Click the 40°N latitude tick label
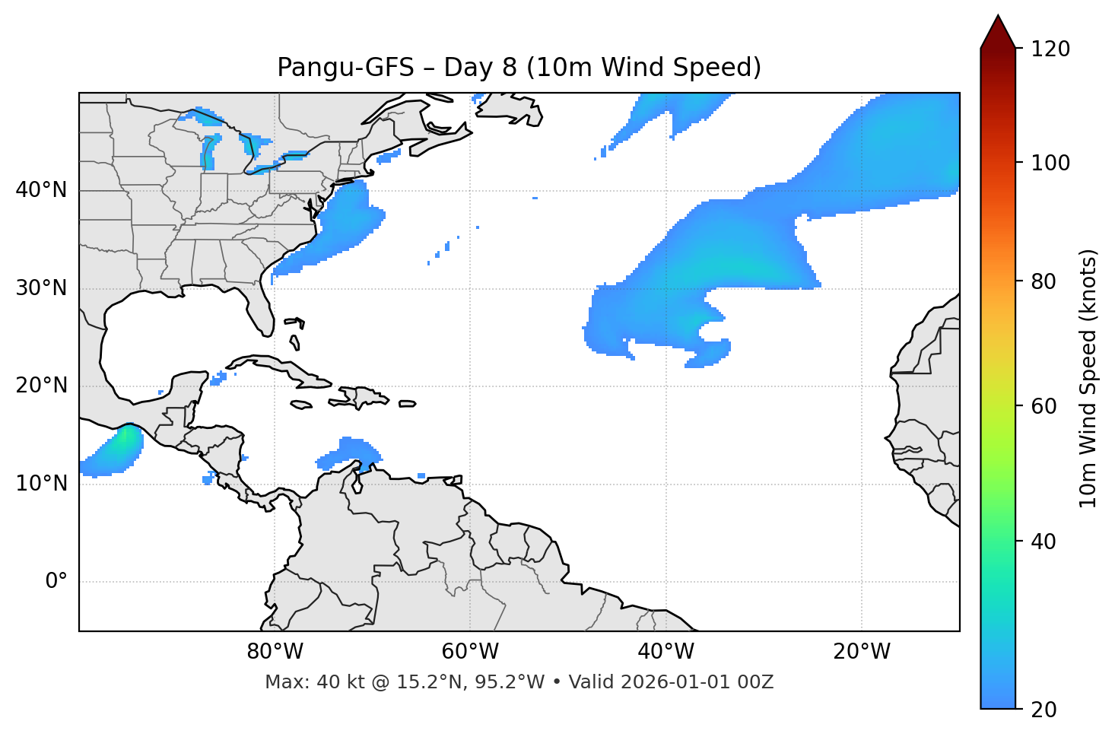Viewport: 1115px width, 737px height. click(x=41, y=190)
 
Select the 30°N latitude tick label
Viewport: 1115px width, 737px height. click(x=41, y=288)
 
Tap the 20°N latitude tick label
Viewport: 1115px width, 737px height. click(x=41, y=386)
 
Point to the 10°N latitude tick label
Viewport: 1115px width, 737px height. click(x=41, y=484)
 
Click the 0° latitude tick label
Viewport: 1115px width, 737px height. click(x=56, y=582)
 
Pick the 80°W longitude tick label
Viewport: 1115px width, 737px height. click(x=275, y=652)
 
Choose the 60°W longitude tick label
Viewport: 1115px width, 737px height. click(x=470, y=652)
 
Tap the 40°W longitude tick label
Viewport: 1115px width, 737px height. click(x=666, y=652)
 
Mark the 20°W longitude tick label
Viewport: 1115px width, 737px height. click(x=862, y=652)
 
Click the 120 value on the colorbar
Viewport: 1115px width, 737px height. click(x=1050, y=49)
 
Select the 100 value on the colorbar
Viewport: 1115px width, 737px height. click(x=1050, y=163)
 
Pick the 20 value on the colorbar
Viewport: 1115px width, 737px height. click(x=1044, y=710)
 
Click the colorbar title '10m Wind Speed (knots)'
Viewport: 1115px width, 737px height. click(x=1088, y=378)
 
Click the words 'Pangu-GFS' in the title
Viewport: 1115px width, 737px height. click(x=345, y=68)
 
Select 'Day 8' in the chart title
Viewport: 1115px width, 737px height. click(x=480, y=68)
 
